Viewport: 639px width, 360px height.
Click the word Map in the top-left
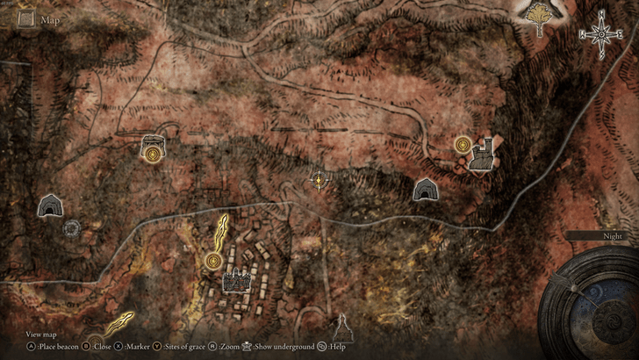point(49,19)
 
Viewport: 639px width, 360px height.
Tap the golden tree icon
point(535,18)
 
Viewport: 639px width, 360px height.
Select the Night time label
point(612,235)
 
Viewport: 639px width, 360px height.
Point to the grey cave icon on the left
point(49,205)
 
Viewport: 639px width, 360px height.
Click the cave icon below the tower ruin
point(426,189)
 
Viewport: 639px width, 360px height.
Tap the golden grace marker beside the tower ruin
point(463,144)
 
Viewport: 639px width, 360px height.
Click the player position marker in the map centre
point(319,182)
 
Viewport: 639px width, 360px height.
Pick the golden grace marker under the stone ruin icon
point(154,154)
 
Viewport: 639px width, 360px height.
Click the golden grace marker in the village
point(212,260)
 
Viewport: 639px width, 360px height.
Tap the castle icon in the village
point(235,281)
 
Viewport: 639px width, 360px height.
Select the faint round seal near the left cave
point(72,228)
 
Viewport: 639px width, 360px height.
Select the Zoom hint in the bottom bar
point(231,347)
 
